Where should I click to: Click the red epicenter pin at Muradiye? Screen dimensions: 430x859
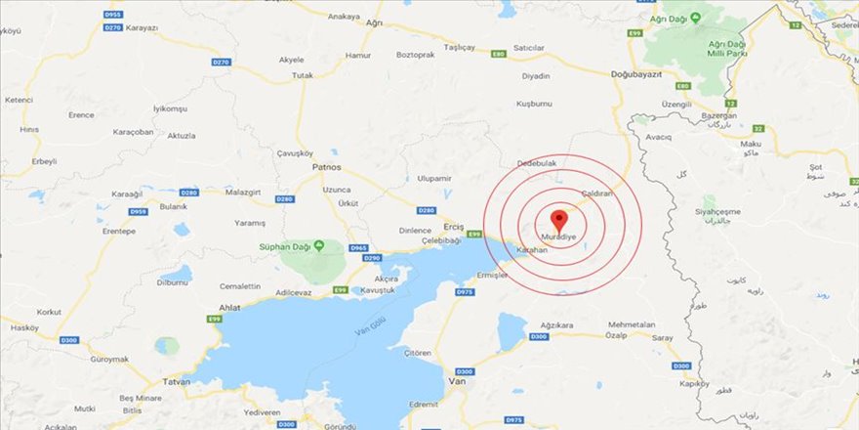point(558,219)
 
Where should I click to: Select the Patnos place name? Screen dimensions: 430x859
point(327,168)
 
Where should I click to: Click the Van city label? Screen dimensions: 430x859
point(453,381)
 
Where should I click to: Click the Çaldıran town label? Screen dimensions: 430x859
point(596,193)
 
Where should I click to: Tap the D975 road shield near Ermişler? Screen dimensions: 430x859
point(465,291)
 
